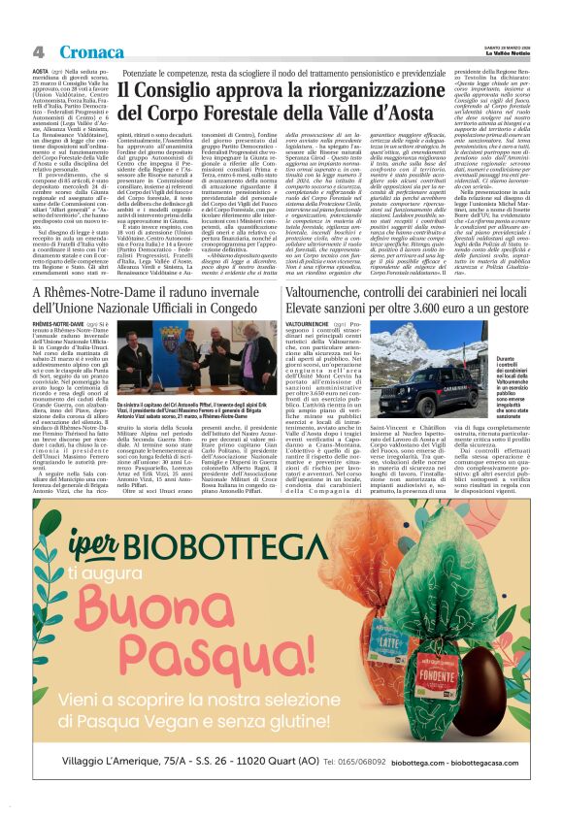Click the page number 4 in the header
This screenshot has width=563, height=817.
pos(39,51)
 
